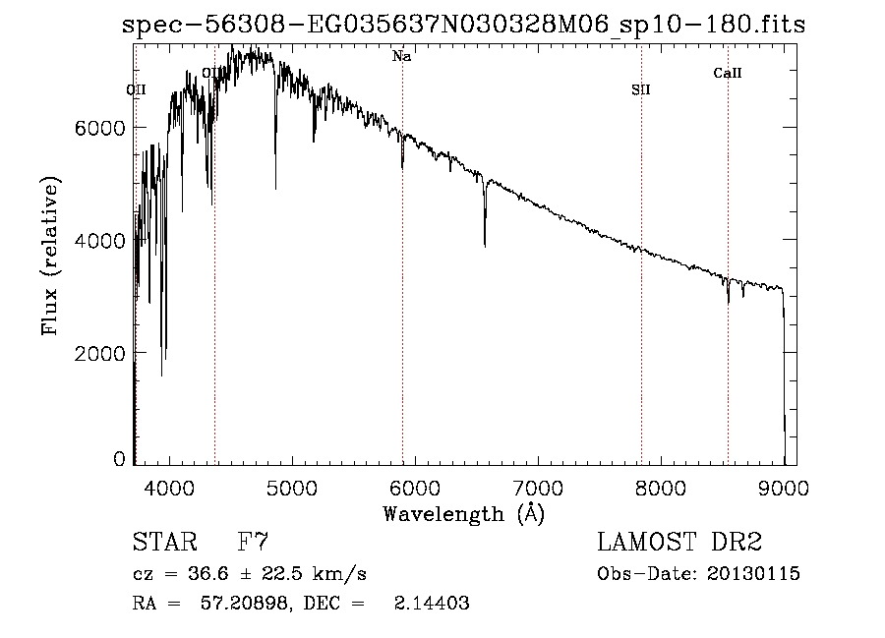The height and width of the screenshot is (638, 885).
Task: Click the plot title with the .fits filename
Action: [x=463, y=26]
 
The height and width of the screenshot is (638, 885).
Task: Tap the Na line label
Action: [x=401, y=57]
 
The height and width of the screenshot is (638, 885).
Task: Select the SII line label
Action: [x=640, y=90]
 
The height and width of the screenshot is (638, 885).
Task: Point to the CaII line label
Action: [x=728, y=73]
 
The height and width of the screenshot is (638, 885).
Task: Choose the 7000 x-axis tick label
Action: [x=538, y=487]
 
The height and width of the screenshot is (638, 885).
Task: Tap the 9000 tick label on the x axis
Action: [x=784, y=487]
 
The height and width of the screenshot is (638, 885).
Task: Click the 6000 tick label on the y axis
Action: [x=101, y=128]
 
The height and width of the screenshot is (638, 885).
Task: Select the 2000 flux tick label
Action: [x=101, y=353]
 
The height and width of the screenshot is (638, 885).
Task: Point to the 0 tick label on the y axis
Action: [x=119, y=459]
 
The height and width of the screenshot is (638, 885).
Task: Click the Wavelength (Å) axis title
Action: [x=463, y=513]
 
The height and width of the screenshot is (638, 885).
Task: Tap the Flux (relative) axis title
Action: [x=49, y=256]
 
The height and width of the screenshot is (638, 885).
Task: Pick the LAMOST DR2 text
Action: [x=679, y=543]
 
